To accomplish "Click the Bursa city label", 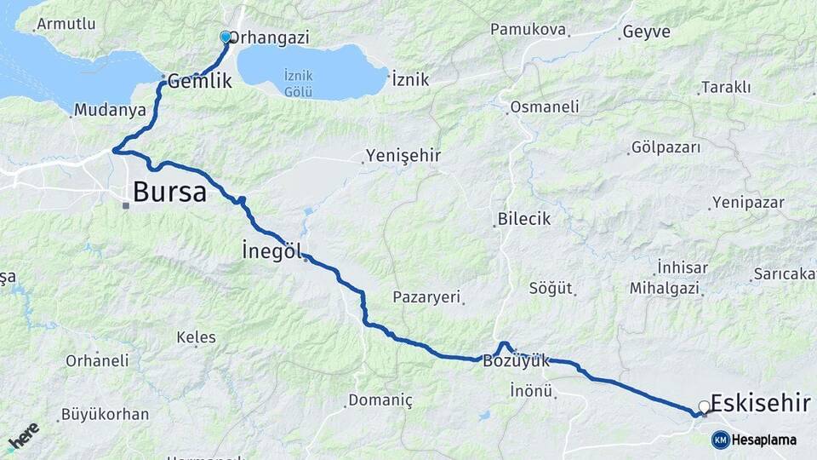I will coord(169,192).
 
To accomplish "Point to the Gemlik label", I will coord(200,82).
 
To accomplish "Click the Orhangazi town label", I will coord(270,37).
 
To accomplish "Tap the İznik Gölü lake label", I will coord(300,83).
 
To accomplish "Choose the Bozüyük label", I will coord(517,360).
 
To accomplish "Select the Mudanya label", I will coord(110,110).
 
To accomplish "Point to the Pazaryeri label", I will coord(426,297).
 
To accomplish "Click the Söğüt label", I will coord(551,288).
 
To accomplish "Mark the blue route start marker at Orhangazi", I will coord(226,37).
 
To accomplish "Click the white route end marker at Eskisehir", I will coord(704,407).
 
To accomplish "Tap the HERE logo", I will coord(23,436).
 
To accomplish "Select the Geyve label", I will coord(646,32).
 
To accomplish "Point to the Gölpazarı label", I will coord(666,147).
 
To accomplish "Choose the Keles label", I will coord(196,337).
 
